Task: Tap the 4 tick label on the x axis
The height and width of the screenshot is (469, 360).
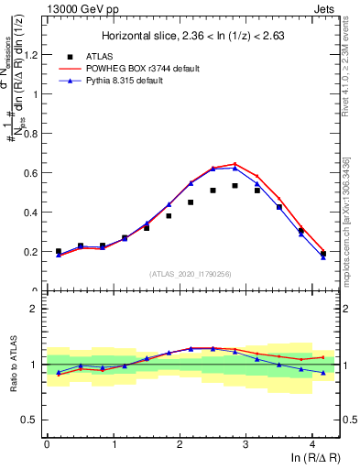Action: point(312,445)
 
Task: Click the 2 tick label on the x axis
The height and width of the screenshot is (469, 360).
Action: point(180,445)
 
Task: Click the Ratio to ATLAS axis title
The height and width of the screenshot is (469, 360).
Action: point(12,365)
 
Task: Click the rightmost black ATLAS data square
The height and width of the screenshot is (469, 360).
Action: point(323,253)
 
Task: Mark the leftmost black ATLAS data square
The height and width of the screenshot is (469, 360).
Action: point(59,251)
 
